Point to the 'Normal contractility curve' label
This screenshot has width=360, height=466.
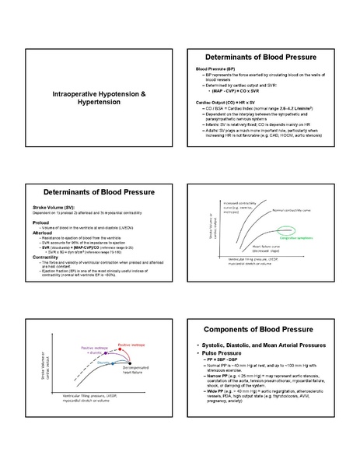[299, 211]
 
